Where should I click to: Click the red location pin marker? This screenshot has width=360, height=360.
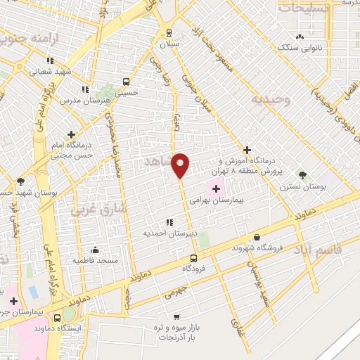pyautogui.click(x=181, y=165)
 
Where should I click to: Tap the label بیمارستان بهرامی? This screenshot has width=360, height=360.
pyautogui.click(x=216, y=200)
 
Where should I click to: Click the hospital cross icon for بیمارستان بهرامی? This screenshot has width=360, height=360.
pyautogui.click(x=216, y=188)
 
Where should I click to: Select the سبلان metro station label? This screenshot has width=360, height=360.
pyautogui.click(x=168, y=44)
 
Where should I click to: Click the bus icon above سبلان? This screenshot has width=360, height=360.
pyautogui.click(x=168, y=32)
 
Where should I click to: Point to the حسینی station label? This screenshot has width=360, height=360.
pyautogui.click(x=127, y=92)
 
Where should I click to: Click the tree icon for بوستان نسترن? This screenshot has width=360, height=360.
pyautogui.click(x=302, y=174)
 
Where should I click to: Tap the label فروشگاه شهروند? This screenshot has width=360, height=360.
pyautogui.click(x=257, y=248)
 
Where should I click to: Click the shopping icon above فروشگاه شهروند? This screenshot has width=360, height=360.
pyautogui.click(x=257, y=238)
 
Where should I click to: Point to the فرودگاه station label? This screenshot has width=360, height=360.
pyautogui.click(x=194, y=269)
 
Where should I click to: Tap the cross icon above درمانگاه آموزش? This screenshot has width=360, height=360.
pyautogui.click(x=246, y=150)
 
